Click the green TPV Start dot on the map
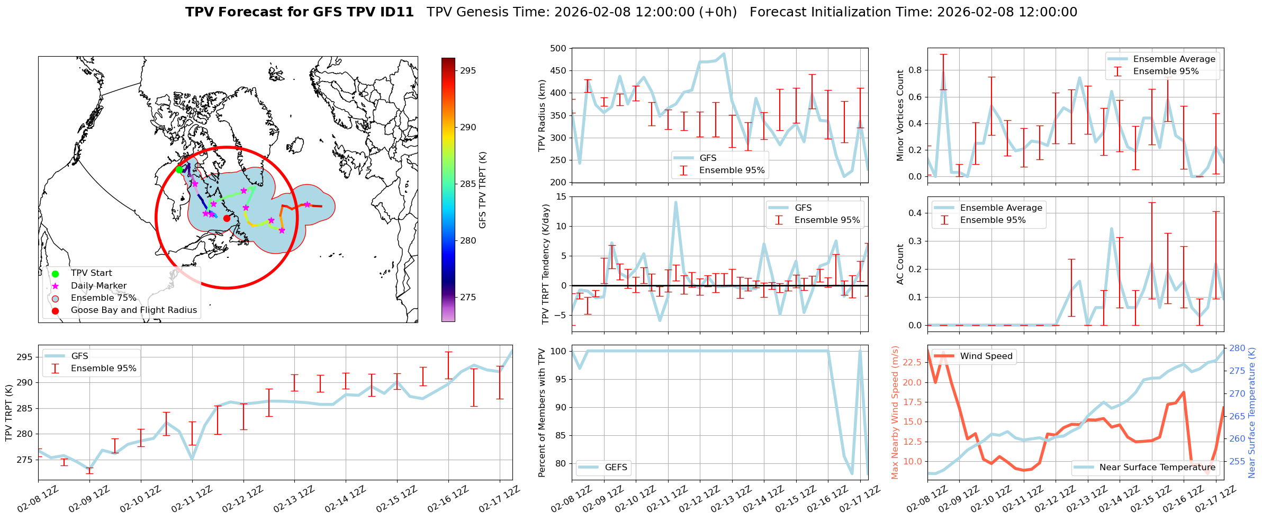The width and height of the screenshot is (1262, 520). tap(179, 169)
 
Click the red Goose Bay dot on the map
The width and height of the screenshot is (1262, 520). tap(227, 218)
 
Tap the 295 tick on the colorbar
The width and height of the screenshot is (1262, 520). tap(468, 70)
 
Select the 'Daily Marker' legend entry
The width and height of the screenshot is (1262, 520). tap(98, 286)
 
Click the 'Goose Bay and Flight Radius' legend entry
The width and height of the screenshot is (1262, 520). tap(133, 310)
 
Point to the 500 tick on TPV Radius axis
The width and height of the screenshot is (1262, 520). tap(559, 48)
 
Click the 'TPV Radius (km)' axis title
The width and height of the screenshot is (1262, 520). tap(542, 115)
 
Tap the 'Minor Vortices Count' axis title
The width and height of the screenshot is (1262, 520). tap(900, 115)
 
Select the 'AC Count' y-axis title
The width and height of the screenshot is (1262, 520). tap(900, 264)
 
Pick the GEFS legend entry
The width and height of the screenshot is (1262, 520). tap(616, 468)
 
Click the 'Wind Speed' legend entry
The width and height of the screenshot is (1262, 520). tap(986, 356)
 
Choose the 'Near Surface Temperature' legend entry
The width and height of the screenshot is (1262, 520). tap(1157, 468)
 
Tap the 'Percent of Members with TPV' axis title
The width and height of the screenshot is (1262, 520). tap(542, 413)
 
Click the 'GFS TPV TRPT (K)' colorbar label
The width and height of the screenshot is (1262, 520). tap(482, 190)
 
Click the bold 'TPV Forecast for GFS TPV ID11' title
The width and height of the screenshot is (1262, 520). tap(299, 12)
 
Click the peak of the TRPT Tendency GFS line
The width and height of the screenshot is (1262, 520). tap(675, 202)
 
